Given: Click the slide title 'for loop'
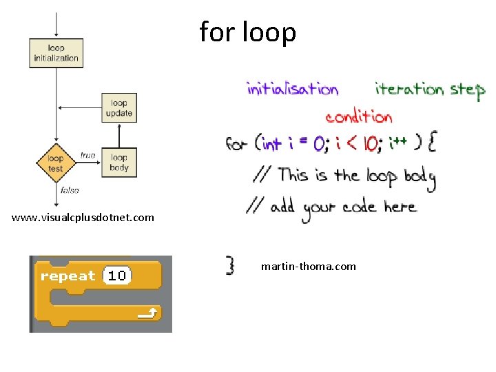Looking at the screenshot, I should point(248,32).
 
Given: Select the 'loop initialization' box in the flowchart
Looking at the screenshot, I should point(56,53).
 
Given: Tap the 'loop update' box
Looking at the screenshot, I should point(119,108).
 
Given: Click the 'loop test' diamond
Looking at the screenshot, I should point(56,163).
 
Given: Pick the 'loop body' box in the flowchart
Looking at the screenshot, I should point(119,163).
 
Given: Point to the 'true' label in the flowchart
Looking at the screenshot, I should point(87,156).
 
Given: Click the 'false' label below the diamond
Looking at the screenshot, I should point(70,190).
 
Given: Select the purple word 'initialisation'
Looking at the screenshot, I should point(292,89).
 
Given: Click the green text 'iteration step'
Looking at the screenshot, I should point(429,90).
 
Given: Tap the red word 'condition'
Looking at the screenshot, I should point(358,116).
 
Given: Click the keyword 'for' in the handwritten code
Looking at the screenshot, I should point(236,144).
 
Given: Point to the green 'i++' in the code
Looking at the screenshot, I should point(397,143).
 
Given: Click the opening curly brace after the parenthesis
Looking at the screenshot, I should point(431,143).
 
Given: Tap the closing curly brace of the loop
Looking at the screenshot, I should point(231,265).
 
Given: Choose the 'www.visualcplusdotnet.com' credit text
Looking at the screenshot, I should point(83,218).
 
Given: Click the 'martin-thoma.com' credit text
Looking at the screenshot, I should point(309,266).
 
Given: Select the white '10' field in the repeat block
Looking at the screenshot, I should point(116,276).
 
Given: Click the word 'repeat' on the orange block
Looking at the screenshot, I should point(68,276).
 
